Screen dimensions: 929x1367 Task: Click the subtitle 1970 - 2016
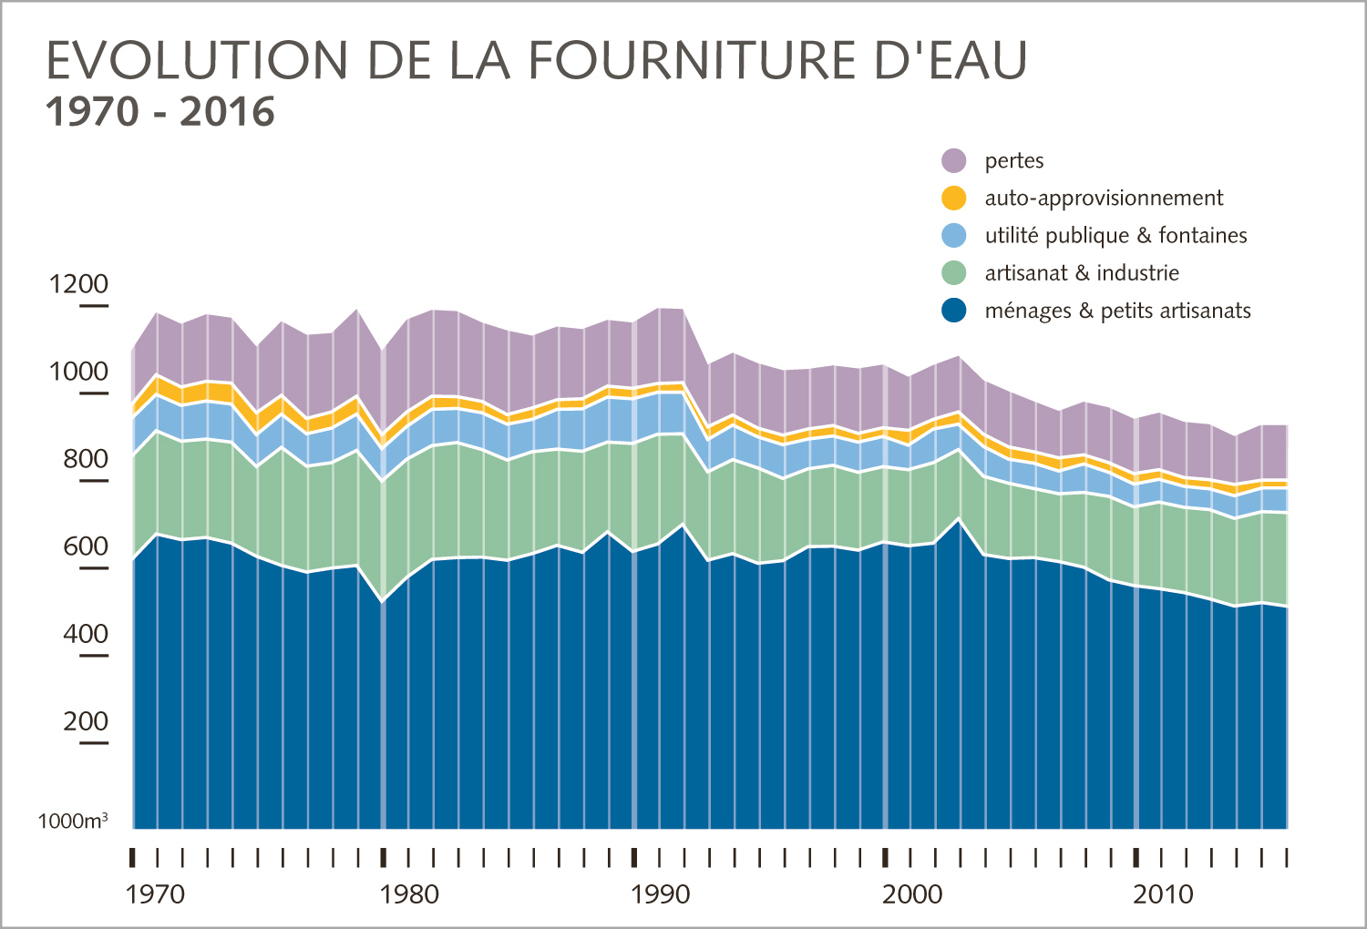tap(160, 112)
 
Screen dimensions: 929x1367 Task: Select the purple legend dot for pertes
tap(953, 160)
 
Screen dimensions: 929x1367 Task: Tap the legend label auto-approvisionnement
tap(1104, 199)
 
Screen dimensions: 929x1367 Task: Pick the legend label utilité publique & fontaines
tap(1115, 236)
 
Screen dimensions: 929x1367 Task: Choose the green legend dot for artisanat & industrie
tap(953, 273)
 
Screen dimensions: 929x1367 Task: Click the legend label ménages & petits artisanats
tap(1117, 311)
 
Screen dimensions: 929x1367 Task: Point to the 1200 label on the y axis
tap(78, 284)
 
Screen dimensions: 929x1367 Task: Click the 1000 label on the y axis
tap(78, 372)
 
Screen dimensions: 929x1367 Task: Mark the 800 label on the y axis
tap(86, 459)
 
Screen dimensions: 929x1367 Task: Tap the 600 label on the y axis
tap(86, 546)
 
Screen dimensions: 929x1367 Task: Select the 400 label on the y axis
tap(86, 634)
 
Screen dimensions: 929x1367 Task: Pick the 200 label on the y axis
tap(86, 721)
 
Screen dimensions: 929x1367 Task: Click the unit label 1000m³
tap(73, 822)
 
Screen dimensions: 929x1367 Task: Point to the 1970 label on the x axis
tap(155, 894)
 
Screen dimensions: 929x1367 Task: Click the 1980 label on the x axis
tap(409, 894)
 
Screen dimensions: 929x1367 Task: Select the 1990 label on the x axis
tap(660, 894)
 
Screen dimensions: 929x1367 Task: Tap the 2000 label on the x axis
tap(912, 894)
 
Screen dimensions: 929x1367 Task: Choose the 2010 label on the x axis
tap(1163, 894)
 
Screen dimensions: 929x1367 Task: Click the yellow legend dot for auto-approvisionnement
tap(953, 198)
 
